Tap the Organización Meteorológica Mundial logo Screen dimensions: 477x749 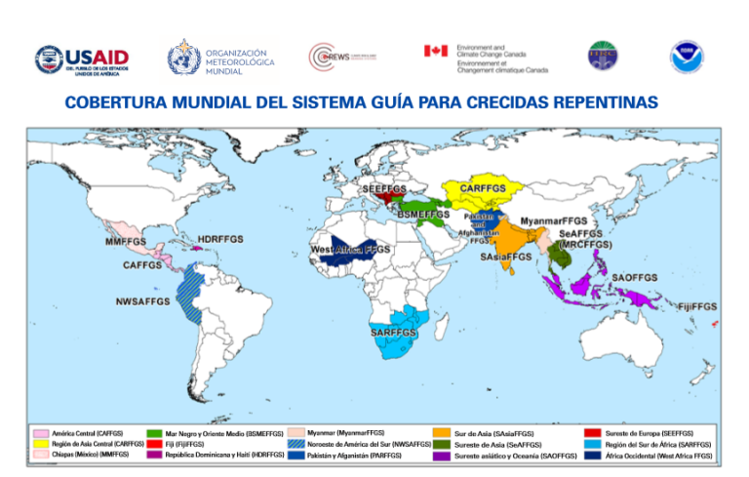tap(221, 58)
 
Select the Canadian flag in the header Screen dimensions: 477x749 tap(435, 51)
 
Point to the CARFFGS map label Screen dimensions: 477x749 tap(482, 187)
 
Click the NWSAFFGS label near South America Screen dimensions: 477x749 tap(142, 301)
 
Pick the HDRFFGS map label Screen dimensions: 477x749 tap(220, 239)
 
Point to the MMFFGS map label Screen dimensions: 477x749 tap(126, 241)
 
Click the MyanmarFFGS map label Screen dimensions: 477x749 tap(554, 221)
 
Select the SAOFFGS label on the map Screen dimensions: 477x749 tap(634, 278)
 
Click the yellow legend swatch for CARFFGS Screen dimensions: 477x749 tap(41, 444)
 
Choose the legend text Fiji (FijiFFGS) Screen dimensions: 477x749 tap(184, 444)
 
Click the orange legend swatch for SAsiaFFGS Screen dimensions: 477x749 tap(442, 432)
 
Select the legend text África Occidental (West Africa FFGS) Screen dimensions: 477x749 tap(658, 456)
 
